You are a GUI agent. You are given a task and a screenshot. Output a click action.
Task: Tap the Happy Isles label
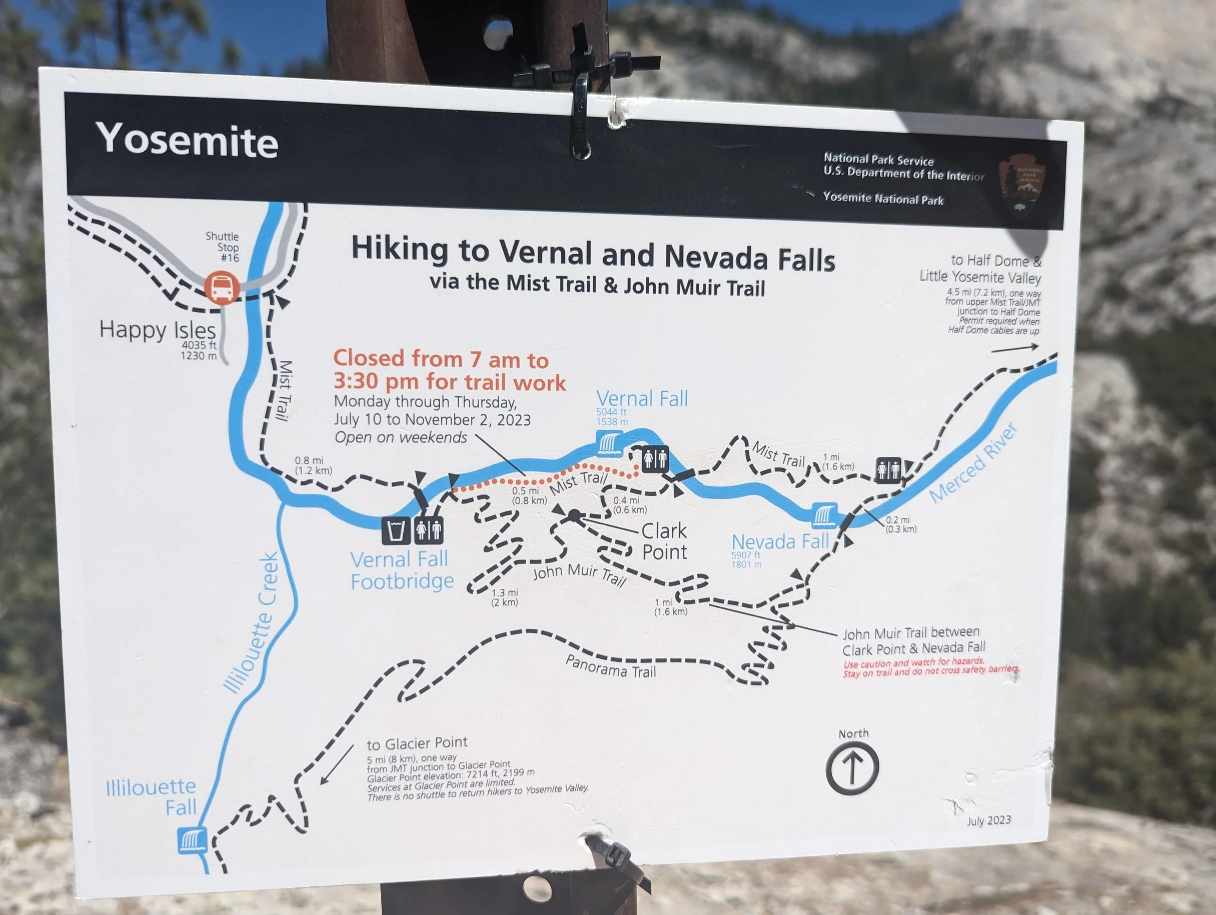[x=158, y=330]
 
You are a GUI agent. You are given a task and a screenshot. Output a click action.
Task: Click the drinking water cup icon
[x=396, y=530]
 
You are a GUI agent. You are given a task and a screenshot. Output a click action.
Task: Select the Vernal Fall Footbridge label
[x=402, y=570]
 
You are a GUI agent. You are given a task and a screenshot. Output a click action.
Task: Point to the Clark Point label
[x=664, y=541]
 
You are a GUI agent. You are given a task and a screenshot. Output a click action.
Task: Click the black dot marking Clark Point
[x=574, y=515]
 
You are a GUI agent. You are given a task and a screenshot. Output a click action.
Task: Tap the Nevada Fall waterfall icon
[x=824, y=515]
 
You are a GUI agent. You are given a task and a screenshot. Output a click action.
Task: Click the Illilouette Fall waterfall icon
[x=192, y=841]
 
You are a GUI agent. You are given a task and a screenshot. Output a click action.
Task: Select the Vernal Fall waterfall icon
[x=609, y=443]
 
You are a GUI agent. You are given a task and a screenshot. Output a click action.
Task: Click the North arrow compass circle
[x=852, y=768]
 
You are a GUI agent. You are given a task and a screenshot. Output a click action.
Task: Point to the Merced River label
[x=973, y=463]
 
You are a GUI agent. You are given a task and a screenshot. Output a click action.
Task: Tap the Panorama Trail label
[x=611, y=667]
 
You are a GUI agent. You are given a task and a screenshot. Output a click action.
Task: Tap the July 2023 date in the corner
[x=988, y=820]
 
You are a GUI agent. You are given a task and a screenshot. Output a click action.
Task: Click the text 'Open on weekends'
[x=401, y=438]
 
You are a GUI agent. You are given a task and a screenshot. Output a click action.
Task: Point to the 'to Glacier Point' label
[x=417, y=743]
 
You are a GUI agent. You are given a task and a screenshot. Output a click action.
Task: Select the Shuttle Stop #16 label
[x=223, y=247]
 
